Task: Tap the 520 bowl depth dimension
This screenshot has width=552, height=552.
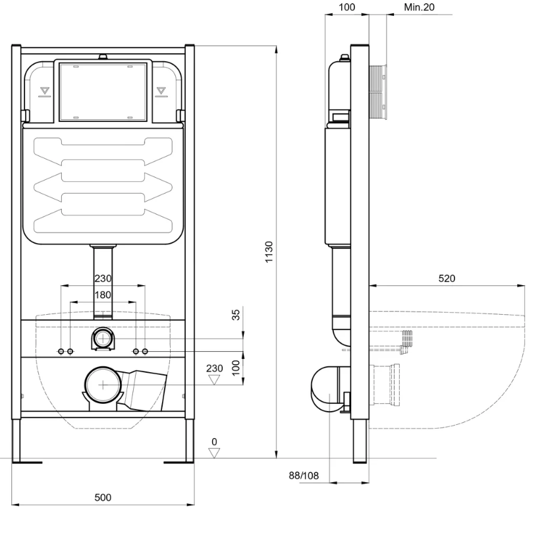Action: (447, 279)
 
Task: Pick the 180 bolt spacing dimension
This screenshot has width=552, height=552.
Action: (103, 295)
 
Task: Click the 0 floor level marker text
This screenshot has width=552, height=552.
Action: (214, 441)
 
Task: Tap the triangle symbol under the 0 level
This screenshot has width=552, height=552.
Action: (214, 453)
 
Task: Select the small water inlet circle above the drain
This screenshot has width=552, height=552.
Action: (103, 339)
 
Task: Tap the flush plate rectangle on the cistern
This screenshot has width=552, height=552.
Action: (103, 92)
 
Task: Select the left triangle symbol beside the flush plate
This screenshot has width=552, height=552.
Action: (45, 90)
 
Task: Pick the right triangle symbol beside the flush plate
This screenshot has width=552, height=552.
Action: (161, 90)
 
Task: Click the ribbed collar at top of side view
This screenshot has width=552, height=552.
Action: (381, 92)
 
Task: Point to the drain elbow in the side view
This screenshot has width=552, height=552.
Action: (326, 389)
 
